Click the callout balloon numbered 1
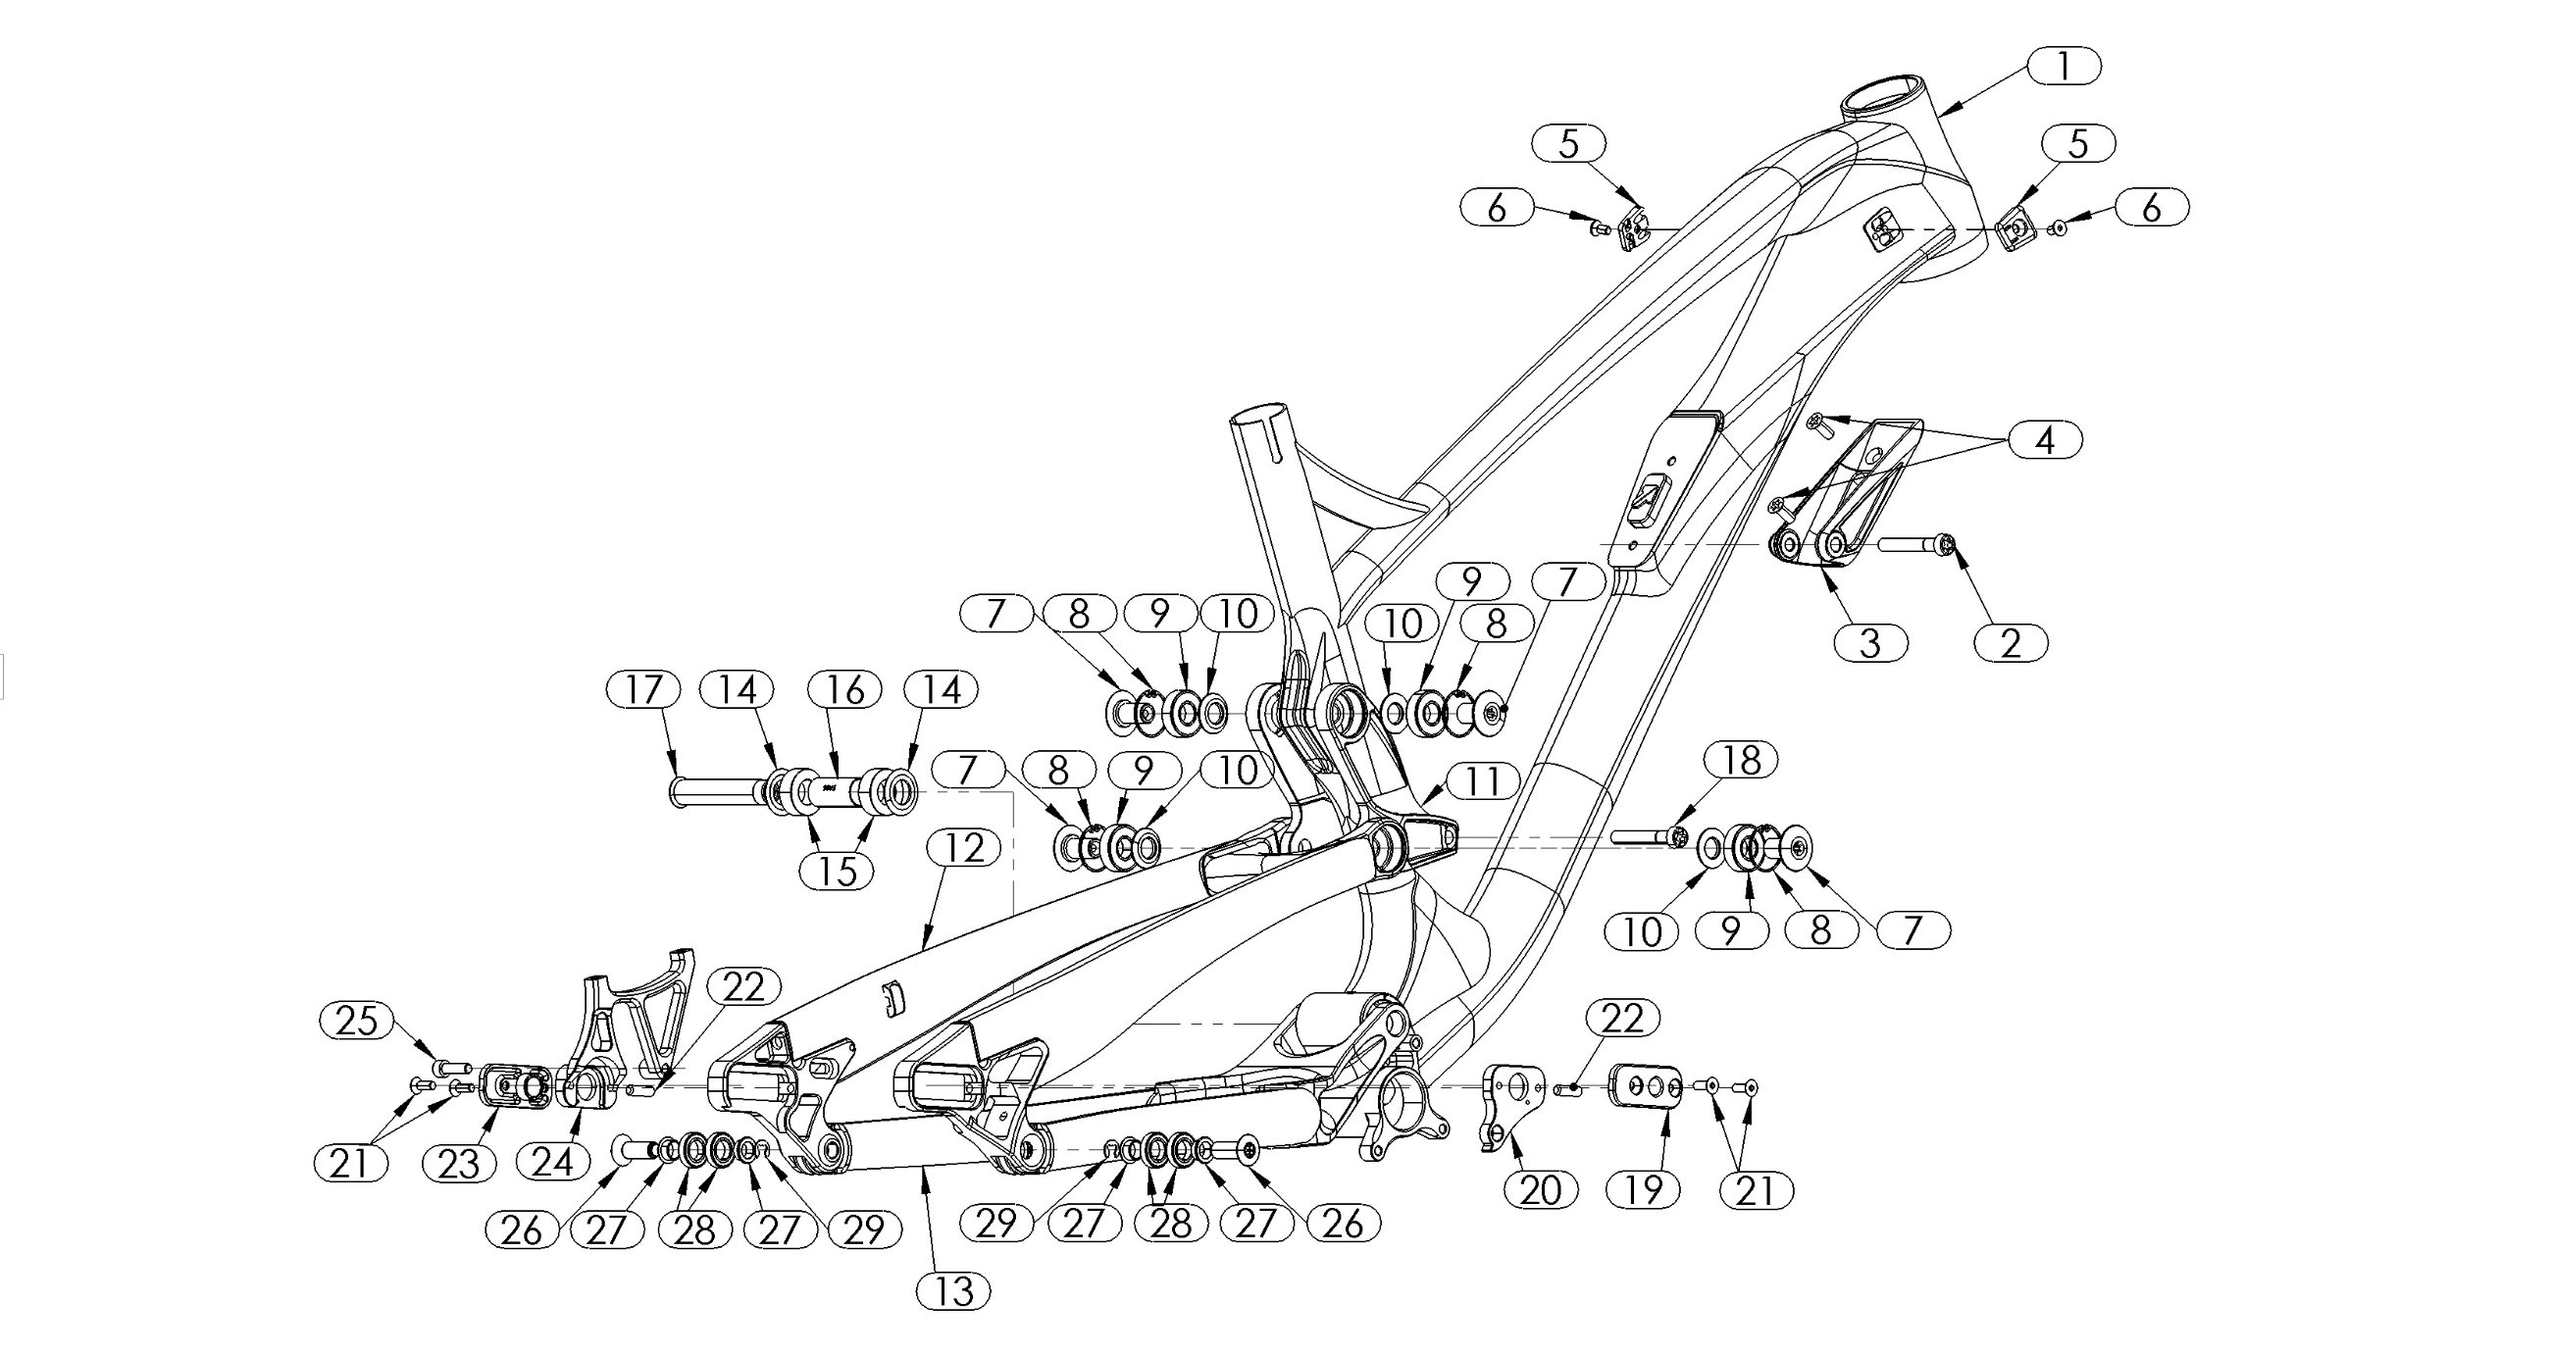coord(2063,67)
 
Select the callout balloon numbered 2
coord(2011,643)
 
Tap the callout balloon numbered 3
coord(1870,643)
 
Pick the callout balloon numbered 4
coord(2045,439)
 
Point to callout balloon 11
coord(1482,782)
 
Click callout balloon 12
coord(964,848)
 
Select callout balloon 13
coord(953,1291)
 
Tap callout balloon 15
coord(838,871)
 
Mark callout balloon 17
coord(643,689)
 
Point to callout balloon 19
coord(1644,1188)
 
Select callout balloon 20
coord(1540,1188)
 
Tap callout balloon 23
coord(458,1164)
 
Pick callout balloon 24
coord(552,1162)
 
